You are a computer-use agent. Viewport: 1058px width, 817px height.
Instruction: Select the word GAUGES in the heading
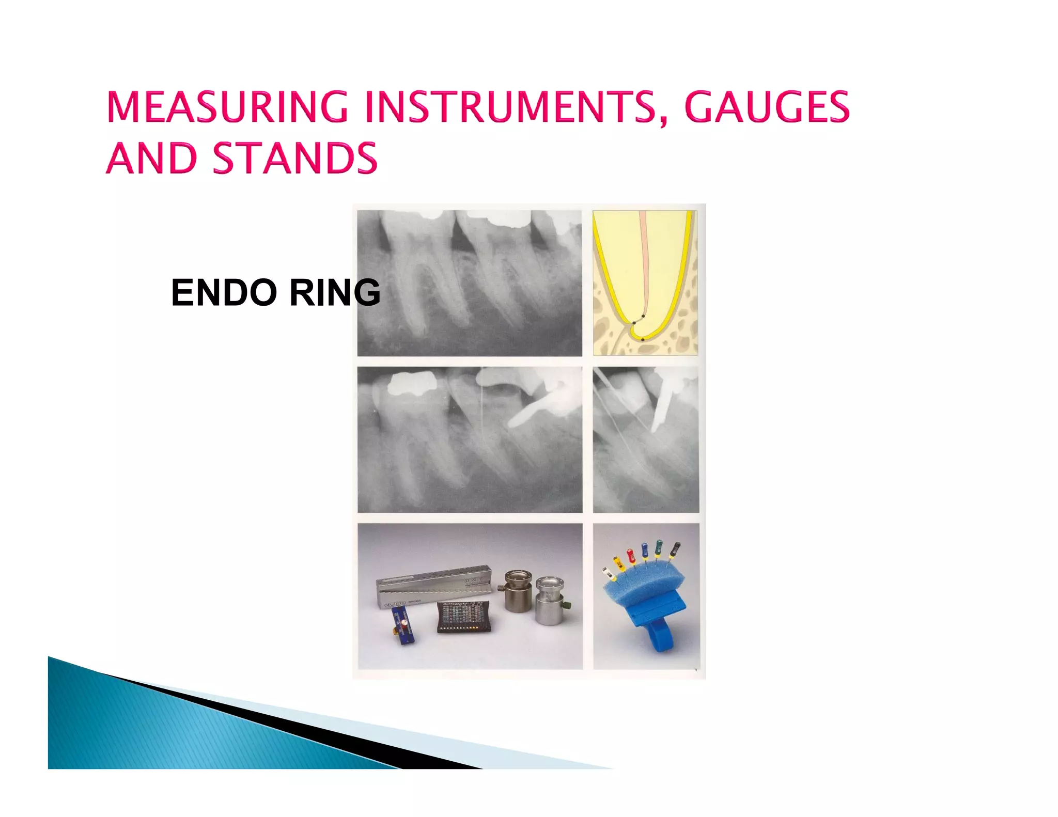tap(767, 107)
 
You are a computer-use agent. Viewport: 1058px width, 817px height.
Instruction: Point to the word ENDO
tap(224, 292)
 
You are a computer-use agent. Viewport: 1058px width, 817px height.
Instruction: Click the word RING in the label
tap(335, 292)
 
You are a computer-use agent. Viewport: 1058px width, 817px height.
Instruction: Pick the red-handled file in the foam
tap(631, 557)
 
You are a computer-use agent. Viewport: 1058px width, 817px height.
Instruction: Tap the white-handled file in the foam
tap(608, 572)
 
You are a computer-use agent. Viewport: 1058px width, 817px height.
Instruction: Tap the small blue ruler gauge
tap(403, 625)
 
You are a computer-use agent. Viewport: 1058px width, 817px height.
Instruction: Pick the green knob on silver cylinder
tap(568, 604)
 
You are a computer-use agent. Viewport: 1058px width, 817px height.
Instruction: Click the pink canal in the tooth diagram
tap(644, 258)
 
